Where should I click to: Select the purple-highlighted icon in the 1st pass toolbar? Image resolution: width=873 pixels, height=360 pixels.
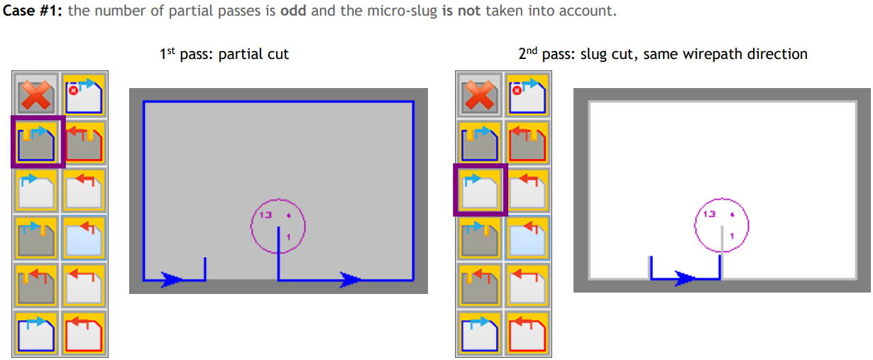[x=38, y=142]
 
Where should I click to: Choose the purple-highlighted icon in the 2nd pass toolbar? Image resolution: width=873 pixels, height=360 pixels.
[x=480, y=189]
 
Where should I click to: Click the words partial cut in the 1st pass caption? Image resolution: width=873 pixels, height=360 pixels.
[x=253, y=54]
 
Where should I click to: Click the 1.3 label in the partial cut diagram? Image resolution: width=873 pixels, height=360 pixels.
[x=265, y=214]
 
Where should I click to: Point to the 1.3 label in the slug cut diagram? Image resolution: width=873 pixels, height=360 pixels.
[x=708, y=214]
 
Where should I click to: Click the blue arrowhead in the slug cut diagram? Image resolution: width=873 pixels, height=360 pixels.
[x=684, y=278]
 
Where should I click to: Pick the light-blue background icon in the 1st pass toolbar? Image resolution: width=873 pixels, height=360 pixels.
[x=84, y=237]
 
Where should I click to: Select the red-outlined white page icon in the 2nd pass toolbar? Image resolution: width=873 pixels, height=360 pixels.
[x=526, y=333]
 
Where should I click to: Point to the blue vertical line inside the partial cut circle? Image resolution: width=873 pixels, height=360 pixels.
[x=278, y=240]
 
